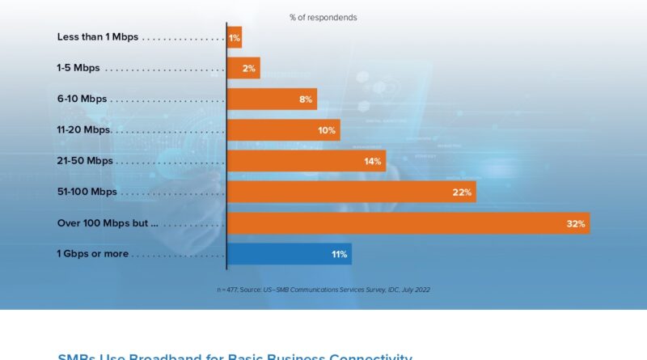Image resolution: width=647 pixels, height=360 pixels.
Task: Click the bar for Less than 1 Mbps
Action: pyautogui.click(x=235, y=37)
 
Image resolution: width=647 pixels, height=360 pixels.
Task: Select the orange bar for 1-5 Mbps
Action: pyautogui.click(x=243, y=68)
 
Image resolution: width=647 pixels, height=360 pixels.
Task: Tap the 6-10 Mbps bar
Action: pyautogui.click(x=272, y=99)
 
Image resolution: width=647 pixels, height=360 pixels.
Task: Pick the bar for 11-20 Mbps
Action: pyautogui.click(x=283, y=129)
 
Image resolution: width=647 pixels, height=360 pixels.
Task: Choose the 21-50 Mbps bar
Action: pyautogui.click(x=306, y=161)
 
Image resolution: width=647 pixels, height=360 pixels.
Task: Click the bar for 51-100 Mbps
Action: pyautogui.click(x=351, y=192)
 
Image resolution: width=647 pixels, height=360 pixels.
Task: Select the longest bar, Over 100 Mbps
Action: pyautogui.click(x=408, y=223)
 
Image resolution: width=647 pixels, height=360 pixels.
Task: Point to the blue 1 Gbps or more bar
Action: pyautogui.click(x=289, y=254)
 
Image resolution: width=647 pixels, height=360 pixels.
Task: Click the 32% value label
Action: pyautogui.click(x=576, y=223)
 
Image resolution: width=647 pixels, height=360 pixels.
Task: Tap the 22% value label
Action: pyautogui.click(x=462, y=192)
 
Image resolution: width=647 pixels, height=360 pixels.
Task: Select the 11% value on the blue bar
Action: pyautogui.click(x=339, y=254)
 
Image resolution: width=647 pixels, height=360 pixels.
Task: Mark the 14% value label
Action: pyautogui.click(x=372, y=161)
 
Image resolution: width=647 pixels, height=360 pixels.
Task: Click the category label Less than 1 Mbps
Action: pyautogui.click(x=98, y=37)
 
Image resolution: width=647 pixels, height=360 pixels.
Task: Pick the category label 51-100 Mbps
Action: pyautogui.click(x=87, y=192)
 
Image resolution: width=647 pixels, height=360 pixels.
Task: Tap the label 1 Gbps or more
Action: pyautogui.click(x=92, y=254)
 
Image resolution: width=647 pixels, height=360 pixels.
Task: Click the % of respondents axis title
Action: pyautogui.click(x=323, y=17)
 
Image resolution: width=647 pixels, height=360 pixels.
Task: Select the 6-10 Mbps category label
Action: pyautogui.click(x=82, y=99)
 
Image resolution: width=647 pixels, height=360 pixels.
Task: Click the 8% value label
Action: pyautogui.click(x=306, y=100)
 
